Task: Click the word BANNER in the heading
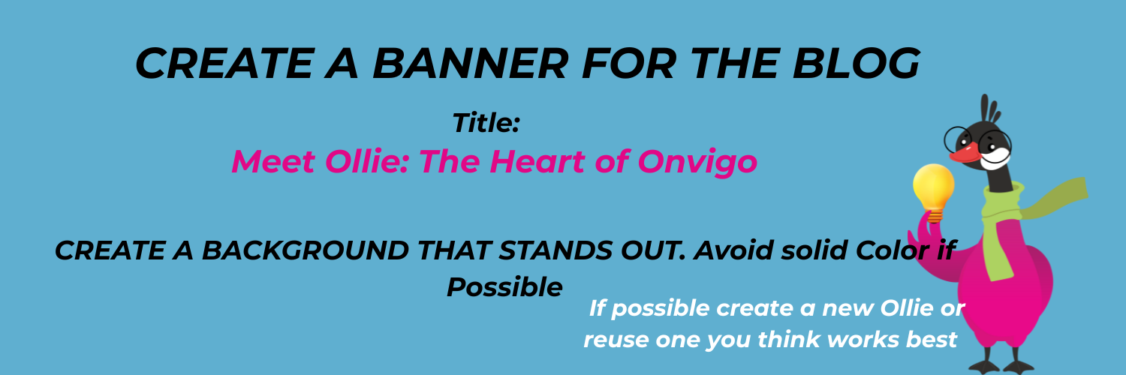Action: click(471, 63)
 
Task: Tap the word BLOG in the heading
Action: click(856, 63)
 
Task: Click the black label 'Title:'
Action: click(486, 122)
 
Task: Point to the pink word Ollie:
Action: click(367, 162)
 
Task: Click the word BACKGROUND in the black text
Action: click(305, 250)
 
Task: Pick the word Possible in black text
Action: click(504, 287)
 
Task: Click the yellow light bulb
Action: click(934, 192)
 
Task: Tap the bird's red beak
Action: click(964, 153)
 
